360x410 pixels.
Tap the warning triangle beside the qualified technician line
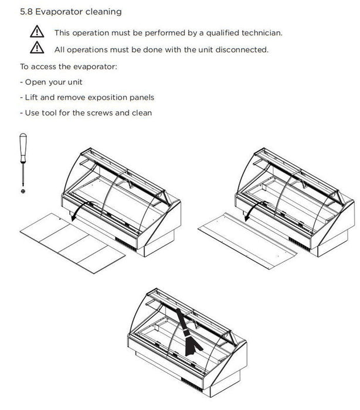point(37,33)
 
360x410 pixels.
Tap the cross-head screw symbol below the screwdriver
point(23,191)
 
